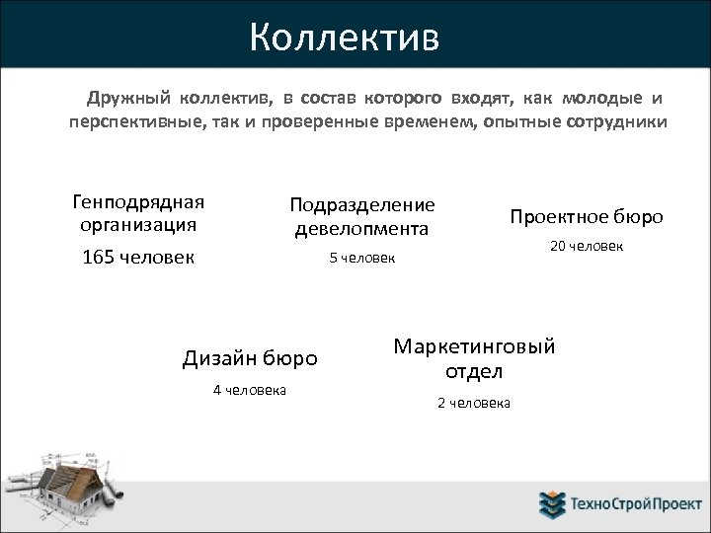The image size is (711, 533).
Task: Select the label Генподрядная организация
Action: click(x=138, y=212)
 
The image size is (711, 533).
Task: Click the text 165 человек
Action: click(x=137, y=257)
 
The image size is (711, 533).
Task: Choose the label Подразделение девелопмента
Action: click(x=361, y=216)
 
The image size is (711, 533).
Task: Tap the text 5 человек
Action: click(x=361, y=259)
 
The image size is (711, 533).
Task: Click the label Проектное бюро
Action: click(x=586, y=216)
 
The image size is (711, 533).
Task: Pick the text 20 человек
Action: click(x=586, y=246)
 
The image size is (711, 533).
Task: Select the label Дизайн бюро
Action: click(x=250, y=357)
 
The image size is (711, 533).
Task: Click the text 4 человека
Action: click(x=250, y=390)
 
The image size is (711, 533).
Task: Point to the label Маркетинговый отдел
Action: click(x=474, y=358)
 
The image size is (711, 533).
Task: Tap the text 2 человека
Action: click(x=474, y=403)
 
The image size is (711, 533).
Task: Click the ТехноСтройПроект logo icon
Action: click(x=551, y=504)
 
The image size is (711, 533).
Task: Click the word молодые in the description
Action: click(x=601, y=99)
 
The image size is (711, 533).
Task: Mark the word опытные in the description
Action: click(x=512, y=122)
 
